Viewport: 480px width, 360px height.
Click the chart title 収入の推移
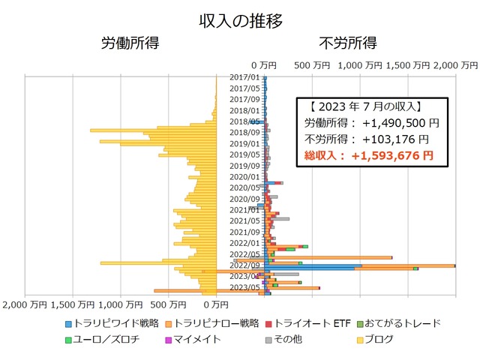pyautogui.click(x=240, y=20)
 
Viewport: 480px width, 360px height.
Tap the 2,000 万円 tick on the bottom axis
pyautogui.click(x=26, y=305)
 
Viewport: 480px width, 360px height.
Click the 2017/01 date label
pyautogui.click(x=244, y=77)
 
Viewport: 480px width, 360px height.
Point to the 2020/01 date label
pyautogui.click(x=244, y=177)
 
